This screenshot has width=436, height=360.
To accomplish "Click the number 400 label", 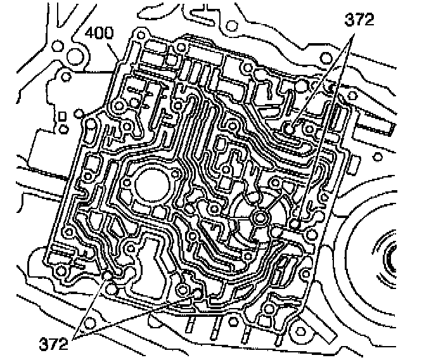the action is click(99, 33).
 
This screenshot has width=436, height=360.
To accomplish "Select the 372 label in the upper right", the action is click(359, 20).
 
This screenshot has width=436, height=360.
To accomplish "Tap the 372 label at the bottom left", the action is click(53, 344).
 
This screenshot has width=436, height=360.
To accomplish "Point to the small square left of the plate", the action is click(62, 116).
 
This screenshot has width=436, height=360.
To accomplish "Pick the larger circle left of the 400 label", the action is click(75, 56).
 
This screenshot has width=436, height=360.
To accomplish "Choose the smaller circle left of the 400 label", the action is click(58, 46).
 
